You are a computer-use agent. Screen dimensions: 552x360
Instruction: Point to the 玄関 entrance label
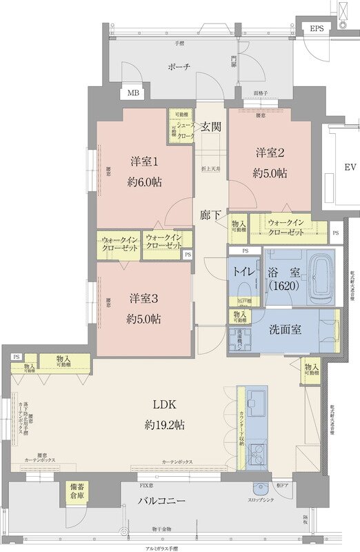211,126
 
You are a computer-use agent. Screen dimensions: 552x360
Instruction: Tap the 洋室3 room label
144,299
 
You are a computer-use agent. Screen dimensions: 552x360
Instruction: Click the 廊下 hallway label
210,215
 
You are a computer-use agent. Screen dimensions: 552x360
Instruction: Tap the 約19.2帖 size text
163,426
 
